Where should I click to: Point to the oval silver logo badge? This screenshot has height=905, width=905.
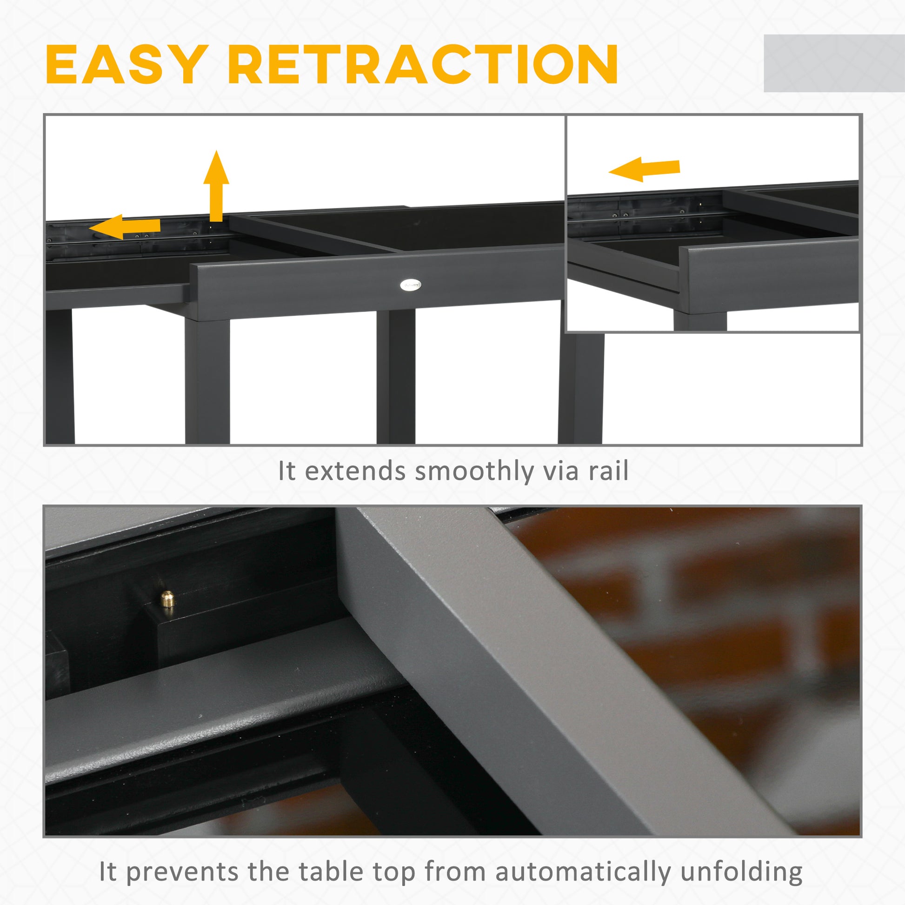pos(410,284)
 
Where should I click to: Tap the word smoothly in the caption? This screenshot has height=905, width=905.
pos(474,471)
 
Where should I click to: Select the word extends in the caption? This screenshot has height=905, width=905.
pos(355,471)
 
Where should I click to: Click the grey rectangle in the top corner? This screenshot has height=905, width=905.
pos(834,63)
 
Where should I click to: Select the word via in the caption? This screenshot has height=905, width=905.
pos(561,471)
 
